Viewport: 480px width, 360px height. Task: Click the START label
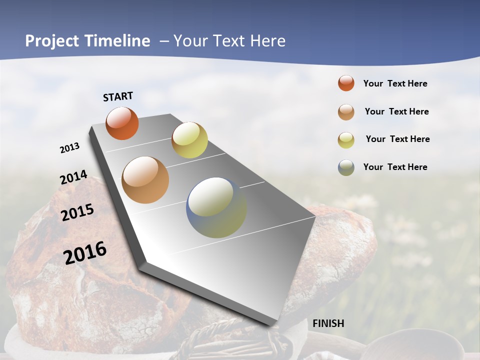[118, 96]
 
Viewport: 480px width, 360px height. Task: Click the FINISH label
[328, 323]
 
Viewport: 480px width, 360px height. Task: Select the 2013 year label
[69, 148]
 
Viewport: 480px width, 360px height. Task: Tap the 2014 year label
[73, 177]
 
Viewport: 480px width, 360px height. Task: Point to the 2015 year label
[77, 212]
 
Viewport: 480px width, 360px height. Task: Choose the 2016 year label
[85, 252]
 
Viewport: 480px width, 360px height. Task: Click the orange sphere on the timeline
[122, 123]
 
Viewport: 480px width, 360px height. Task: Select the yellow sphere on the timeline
[189, 140]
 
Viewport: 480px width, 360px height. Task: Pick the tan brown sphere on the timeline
[145, 180]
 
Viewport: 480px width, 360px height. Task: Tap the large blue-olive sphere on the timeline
[216, 207]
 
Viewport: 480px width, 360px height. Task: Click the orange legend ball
[346, 83]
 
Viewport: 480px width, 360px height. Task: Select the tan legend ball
[346, 111]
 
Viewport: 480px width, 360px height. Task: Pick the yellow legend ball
[346, 139]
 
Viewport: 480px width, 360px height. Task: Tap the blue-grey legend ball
[346, 167]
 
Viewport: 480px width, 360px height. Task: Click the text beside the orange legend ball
[395, 83]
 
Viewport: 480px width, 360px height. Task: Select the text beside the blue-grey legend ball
[395, 167]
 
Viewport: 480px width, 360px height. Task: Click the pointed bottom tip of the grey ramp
[274, 325]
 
